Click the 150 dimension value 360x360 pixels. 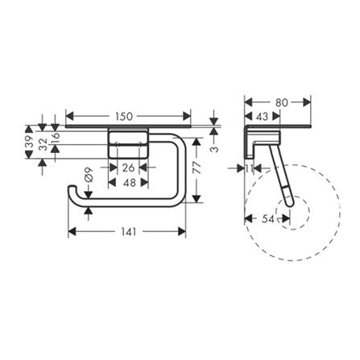[x=124, y=117]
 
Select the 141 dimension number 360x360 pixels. [x=127, y=232]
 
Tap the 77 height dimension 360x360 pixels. [x=197, y=168]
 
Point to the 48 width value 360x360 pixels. [x=130, y=183]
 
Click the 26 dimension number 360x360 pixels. [x=128, y=168]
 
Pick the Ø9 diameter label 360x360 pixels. [x=89, y=175]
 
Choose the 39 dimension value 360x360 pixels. [x=29, y=142]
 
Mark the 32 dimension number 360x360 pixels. [x=43, y=144]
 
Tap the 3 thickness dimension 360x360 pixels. [x=214, y=149]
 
